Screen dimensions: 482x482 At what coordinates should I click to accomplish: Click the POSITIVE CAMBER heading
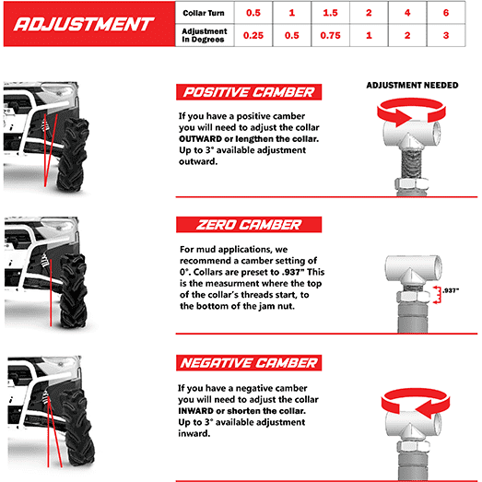coord(249,92)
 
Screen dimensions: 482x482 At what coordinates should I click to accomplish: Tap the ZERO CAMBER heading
coord(249,224)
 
